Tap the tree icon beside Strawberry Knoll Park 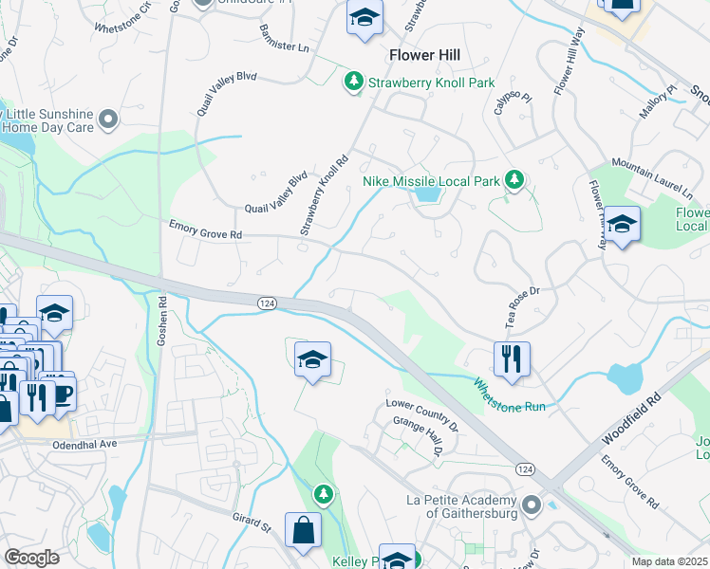tap(354, 83)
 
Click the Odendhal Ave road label tap(84, 444)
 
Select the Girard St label tap(252, 524)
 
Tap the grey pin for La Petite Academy tap(530, 506)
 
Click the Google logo tap(31, 558)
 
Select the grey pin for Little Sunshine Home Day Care tap(107, 119)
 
